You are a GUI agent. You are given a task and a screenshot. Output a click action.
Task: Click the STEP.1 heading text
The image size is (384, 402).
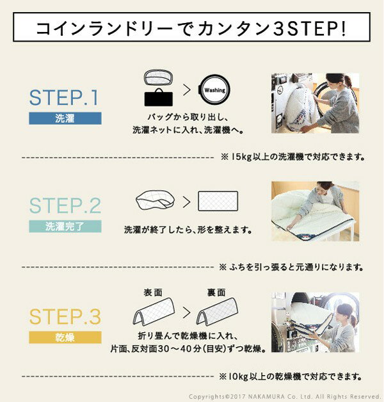coord(64,98)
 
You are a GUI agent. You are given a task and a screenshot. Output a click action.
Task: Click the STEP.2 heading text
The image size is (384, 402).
coord(65,206)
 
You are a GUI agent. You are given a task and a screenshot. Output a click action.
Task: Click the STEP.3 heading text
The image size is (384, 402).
coord(65,316)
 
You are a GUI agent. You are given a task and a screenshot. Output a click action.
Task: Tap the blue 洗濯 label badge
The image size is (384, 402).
coord(65,118)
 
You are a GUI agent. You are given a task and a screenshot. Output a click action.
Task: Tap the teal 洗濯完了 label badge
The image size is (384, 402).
coord(65,227)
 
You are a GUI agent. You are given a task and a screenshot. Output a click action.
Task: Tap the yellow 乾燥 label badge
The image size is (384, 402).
coord(65,337)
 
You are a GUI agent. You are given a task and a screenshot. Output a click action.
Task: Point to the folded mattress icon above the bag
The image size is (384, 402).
coord(157,78)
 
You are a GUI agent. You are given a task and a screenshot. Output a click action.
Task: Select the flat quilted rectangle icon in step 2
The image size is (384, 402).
coord(218,202)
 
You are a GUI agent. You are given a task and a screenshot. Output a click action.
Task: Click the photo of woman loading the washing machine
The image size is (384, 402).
coord(314,103)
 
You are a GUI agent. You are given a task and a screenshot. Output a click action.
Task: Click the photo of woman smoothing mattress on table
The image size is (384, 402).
coord(314,211)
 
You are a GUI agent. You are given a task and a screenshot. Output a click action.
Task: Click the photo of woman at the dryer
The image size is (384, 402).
coord(314,322)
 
